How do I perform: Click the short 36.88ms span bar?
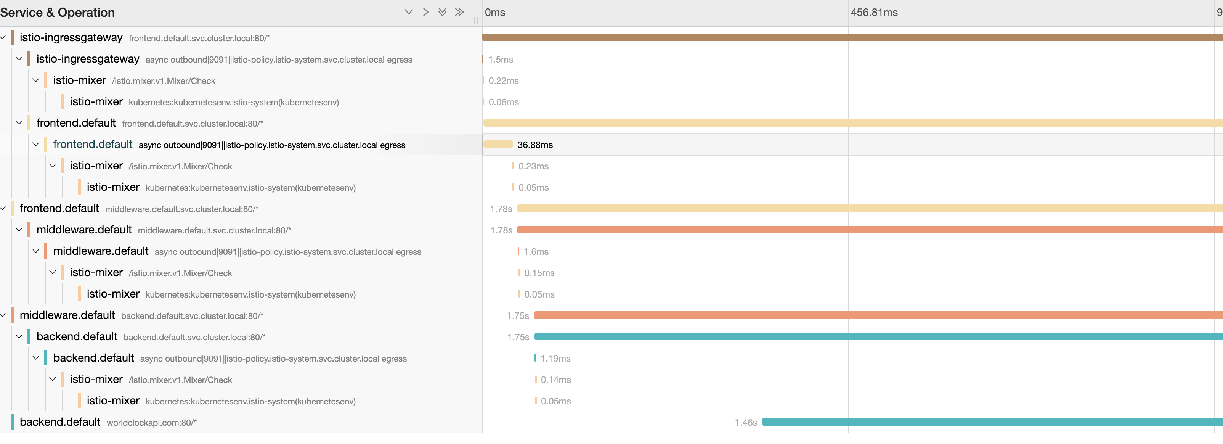click(498, 144)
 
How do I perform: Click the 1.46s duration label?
click(745, 423)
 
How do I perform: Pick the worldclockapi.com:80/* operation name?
click(151, 423)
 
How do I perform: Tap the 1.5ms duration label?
click(501, 60)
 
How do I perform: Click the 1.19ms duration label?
click(555, 359)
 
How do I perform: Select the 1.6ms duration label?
click(536, 252)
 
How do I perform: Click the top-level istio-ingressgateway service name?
click(71, 37)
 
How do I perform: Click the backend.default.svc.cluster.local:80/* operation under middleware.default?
click(192, 316)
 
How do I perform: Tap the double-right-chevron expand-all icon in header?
click(459, 12)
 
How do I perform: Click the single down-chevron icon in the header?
click(408, 12)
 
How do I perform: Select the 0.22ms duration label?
click(503, 81)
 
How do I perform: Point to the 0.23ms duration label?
click(533, 166)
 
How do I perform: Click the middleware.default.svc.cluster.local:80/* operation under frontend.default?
click(181, 209)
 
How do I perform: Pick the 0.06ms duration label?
click(503, 102)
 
